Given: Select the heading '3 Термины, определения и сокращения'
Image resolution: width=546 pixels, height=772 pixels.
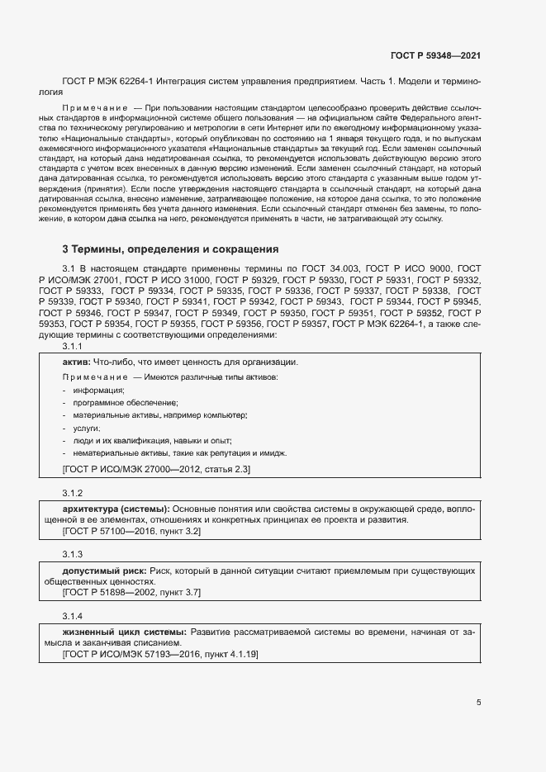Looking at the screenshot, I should click(x=171, y=249).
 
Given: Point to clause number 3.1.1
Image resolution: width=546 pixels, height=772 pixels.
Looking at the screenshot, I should click(x=73, y=348).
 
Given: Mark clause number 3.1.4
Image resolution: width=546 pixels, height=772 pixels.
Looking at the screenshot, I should click(x=73, y=617).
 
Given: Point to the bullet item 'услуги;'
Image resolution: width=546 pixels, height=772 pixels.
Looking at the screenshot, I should click(x=87, y=429).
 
